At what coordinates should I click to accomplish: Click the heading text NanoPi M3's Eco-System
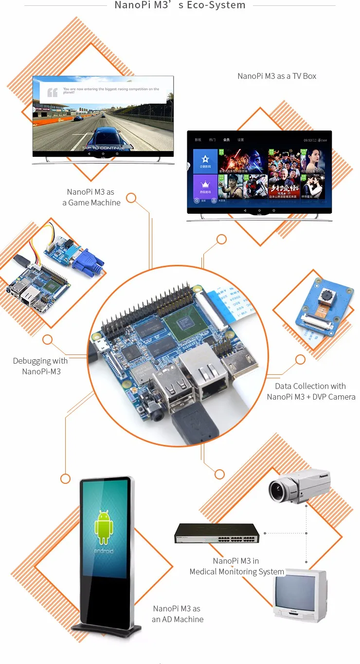coord(180,5)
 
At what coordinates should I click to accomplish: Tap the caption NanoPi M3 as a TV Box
coord(277,76)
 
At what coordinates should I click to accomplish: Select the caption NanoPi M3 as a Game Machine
coord(91,197)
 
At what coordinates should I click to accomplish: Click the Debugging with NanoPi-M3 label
coord(40,366)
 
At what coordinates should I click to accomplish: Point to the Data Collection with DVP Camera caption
coord(310,391)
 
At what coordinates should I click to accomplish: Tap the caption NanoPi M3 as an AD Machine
coord(177,614)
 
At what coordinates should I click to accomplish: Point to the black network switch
coord(217,534)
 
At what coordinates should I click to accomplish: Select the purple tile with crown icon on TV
coord(205,187)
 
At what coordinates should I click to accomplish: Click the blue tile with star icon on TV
coord(205,161)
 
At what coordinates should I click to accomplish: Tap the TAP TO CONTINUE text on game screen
coord(103,148)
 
